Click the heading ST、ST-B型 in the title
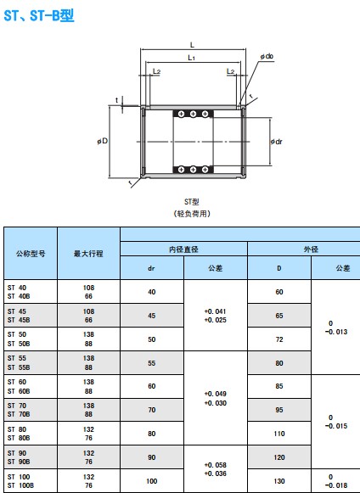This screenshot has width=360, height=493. coord(39,15)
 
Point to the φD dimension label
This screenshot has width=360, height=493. coord(103,141)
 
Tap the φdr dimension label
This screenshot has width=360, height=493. coord(277,142)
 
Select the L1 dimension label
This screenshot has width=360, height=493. coord(191,58)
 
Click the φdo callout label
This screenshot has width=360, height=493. coord(267,56)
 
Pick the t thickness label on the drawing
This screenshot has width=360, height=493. coord(116,100)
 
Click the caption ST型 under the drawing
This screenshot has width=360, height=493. coord(191,202)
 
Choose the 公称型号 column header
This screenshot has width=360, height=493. coord(31,254)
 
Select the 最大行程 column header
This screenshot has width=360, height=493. coord(88,254)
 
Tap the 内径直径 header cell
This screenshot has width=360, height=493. coord(183,249)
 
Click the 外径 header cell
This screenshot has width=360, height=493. coord(311,249)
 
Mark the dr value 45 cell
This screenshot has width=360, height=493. coord(152,316)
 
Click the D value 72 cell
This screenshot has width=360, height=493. coord(279,339)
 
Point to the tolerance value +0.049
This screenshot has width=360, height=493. coord(216,394)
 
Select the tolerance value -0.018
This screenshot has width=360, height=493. coord(336,485)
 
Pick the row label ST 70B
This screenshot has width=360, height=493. coord(19,414)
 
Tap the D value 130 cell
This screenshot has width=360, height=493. coord(279,481)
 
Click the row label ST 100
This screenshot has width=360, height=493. coord(19,477)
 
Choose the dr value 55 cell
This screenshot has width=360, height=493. coord(152,363)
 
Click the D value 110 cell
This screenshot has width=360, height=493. coord(279,434)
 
